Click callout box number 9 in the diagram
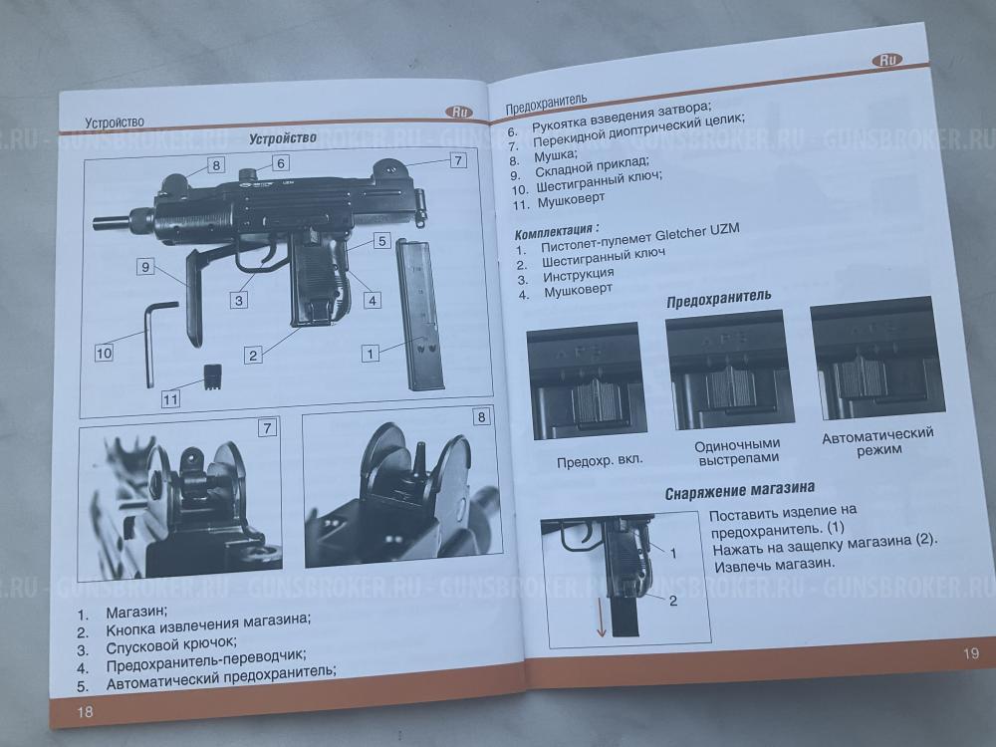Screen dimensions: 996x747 pyautogui.click(x=145, y=267)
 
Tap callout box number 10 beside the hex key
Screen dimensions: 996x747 pyautogui.click(x=104, y=353)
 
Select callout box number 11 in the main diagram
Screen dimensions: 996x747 pyautogui.click(x=170, y=399)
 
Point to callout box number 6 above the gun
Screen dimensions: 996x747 pyautogui.click(x=281, y=163)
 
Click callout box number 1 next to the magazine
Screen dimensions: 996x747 pyautogui.click(x=371, y=354)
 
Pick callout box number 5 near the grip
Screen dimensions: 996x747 pyautogui.click(x=381, y=241)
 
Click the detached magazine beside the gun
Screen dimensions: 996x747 pyautogui.click(x=419, y=314)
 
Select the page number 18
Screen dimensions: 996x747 pyautogui.click(x=85, y=711)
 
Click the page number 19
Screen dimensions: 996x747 pyautogui.click(x=970, y=653)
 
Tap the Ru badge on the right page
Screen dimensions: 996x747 pyautogui.click(x=887, y=60)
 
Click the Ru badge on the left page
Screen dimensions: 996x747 pyautogui.click(x=459, y=112)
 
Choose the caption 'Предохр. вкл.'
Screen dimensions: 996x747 pyautogui.click(x=600, y=460)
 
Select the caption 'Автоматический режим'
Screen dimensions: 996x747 pyautogui.click(x=878, y=442)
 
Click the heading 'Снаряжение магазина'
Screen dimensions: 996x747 pyautogui.click(x=740, y=491)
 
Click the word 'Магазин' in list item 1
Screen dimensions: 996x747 pyautogui.click(x=135, y=613)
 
